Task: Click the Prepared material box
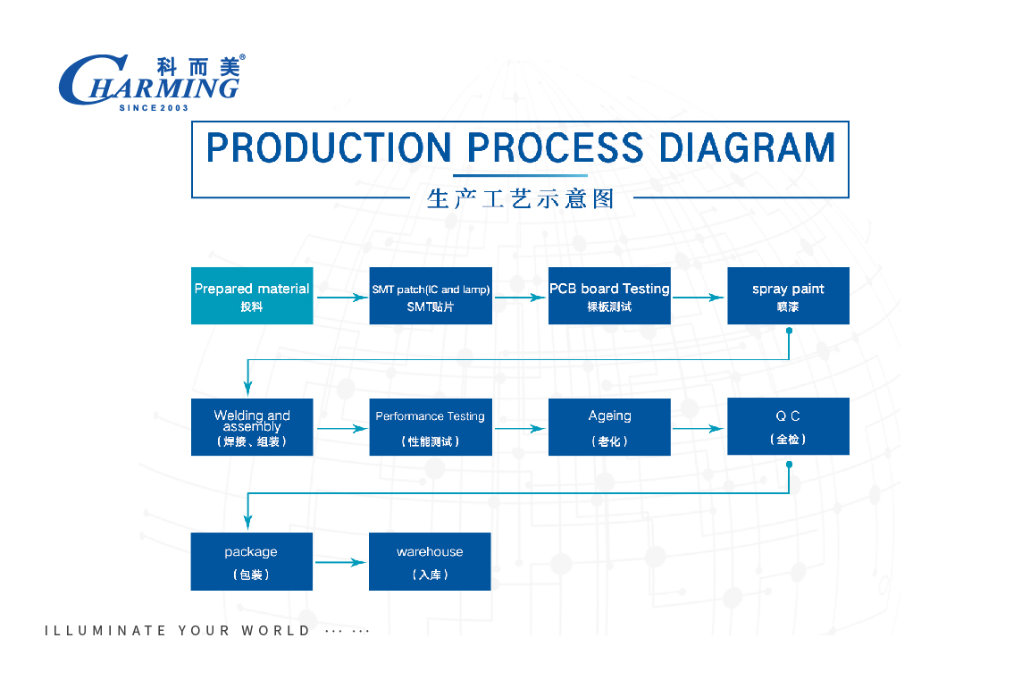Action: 252,296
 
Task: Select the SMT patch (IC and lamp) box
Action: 431,296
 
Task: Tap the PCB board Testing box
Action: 609,296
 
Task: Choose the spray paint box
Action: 788,296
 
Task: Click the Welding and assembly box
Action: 252,427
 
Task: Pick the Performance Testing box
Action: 431,427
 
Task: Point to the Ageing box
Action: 609,427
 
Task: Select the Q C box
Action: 788,426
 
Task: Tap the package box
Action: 252,562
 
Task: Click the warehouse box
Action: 430,562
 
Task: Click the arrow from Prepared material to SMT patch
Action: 342,298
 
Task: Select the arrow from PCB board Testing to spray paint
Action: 699,298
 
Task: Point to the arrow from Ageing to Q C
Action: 699,429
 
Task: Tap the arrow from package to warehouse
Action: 340,562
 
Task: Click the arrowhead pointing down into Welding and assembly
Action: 247,388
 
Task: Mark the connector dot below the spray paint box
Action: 789,331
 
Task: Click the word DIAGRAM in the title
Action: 748,147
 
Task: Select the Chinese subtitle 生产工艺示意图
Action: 521,198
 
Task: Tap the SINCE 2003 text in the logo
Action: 154,108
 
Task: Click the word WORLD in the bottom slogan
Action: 276,631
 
